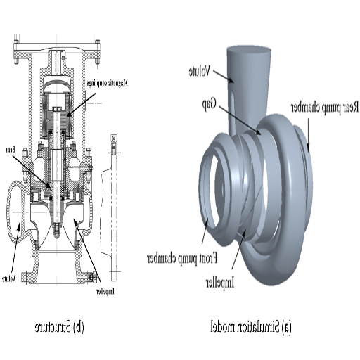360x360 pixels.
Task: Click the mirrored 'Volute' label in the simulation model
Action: point(201,71)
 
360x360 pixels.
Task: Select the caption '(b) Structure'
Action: point(60,327)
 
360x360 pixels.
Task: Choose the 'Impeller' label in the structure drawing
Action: point(103,290)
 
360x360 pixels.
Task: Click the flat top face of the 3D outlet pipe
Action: point(248,51)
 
